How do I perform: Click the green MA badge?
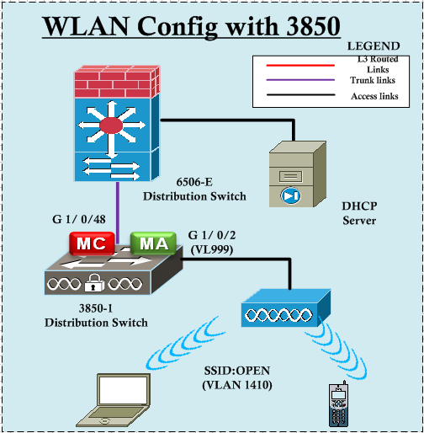pos(153,243)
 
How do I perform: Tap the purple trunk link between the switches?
pos(119,206)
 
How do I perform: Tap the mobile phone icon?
pos(339,406)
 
